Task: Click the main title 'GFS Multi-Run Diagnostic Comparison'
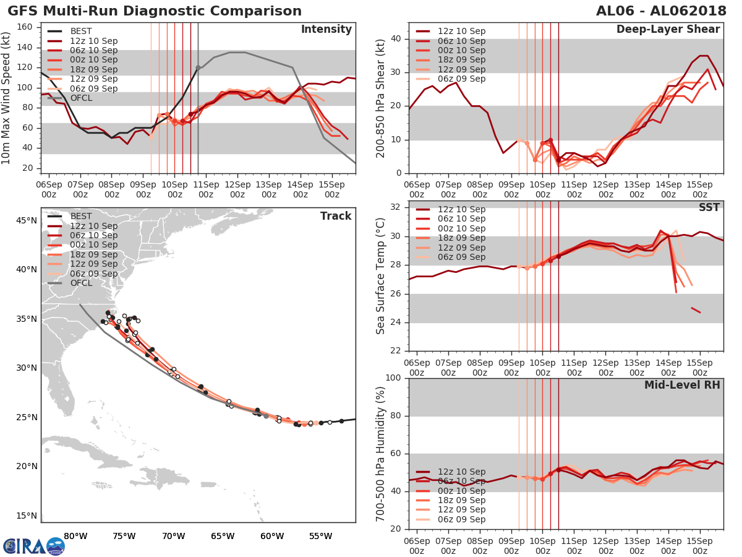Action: pos(155,11)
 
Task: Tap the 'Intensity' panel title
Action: pos(326,30)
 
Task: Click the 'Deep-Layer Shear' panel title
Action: pos(668,30)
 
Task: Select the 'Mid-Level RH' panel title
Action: pos(682,385)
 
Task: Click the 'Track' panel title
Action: pos(336,216)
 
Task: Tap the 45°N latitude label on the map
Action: pos(25,220)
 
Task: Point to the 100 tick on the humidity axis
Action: pos(391,378)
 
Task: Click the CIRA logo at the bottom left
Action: pos(33,546)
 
